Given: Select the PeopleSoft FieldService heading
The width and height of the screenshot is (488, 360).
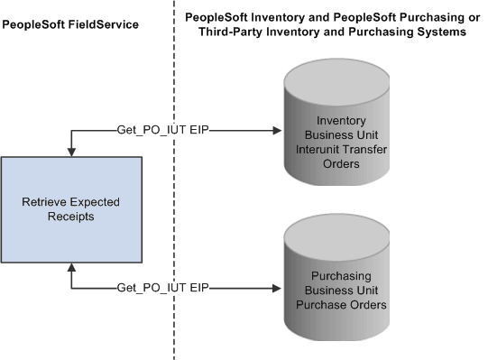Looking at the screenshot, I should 70,24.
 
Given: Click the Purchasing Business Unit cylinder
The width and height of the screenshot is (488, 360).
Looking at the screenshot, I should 333,283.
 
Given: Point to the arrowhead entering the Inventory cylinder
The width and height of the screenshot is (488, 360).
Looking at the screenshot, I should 277,131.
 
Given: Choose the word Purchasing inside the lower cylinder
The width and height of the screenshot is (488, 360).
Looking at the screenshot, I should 333,275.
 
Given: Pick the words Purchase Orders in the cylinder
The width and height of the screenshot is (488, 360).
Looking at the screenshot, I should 333,305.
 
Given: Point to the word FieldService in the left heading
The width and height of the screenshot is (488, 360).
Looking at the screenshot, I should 104,24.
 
